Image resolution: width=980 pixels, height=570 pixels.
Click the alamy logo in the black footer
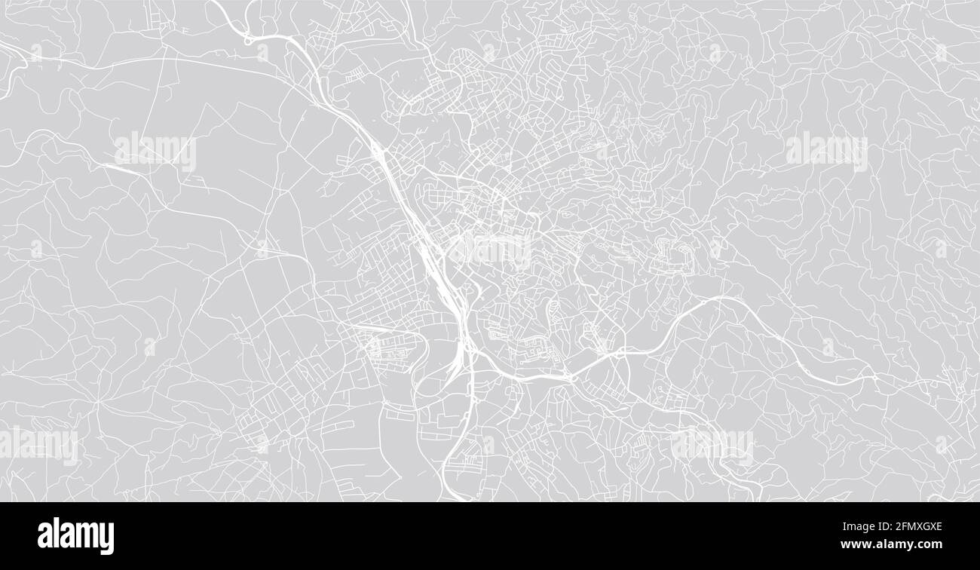[75, 536]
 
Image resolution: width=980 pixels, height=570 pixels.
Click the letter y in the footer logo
[106, 538]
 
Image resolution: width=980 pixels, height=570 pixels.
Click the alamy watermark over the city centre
[490, 249]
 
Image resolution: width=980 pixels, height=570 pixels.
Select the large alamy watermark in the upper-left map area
[155, 152]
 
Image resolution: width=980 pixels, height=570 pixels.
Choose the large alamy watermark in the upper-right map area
[825, 152]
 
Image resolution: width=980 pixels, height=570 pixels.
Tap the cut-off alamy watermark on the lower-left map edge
[38, 445]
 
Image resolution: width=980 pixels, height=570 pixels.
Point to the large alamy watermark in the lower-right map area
[712, 445]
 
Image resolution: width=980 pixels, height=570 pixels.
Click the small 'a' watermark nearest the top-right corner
[941, 53]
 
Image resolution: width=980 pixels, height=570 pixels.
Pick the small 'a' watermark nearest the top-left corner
[36, 53]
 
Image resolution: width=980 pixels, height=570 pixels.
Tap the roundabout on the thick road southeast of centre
[573, 378]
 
